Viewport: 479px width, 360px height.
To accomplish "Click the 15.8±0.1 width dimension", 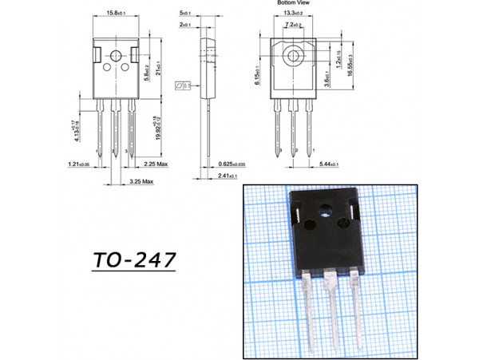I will click(x=117, y=14).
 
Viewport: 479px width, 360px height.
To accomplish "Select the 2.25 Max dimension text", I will click(x=155, y=164).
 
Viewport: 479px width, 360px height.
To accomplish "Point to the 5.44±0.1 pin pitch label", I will click(x=328, y=164).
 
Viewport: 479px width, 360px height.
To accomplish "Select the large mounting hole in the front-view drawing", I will click(x=117, y=57).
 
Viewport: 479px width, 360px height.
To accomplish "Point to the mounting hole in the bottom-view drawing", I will click(x=292, y=57).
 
